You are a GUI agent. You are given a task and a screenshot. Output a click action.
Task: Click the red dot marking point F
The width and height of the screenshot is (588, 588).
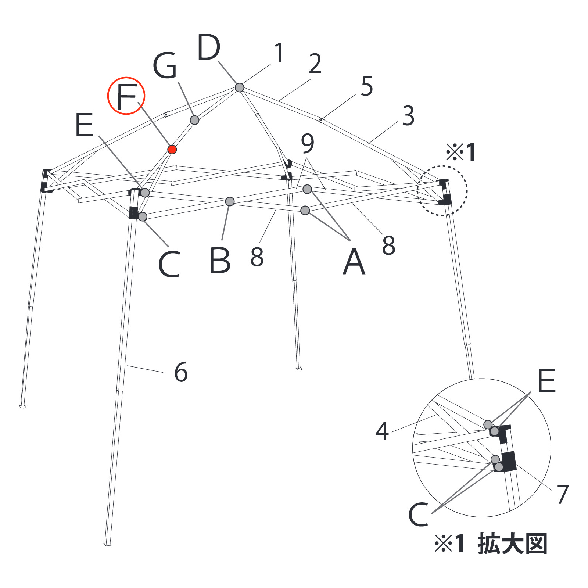pos(172,149)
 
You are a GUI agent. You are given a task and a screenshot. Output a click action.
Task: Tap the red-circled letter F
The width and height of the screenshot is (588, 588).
pos(126,96)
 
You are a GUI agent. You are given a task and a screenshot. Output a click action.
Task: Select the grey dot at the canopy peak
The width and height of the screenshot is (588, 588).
pos(239,87)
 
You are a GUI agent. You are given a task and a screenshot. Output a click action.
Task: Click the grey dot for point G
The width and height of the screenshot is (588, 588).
pos(194,120)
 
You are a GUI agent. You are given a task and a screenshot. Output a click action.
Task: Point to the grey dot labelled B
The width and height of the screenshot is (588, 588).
pos(230,201)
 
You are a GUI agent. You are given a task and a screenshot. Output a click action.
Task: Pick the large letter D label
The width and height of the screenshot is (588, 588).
pos(208,47)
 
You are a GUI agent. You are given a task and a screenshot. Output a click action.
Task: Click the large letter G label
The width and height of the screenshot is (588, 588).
pos(165,65)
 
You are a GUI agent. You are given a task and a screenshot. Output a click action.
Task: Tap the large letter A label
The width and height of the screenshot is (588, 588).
pos(354,261)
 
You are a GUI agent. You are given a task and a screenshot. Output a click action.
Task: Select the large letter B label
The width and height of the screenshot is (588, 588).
pos(220,261)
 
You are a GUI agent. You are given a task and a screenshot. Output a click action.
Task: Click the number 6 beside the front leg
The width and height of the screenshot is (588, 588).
pos(181,372)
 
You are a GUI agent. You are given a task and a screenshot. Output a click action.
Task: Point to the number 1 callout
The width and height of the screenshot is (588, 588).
pos(279,53)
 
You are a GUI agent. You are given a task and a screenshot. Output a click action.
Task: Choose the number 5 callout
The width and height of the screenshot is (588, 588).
pos(367,86)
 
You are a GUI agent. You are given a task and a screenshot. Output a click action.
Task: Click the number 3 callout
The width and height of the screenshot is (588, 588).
pos(408,116)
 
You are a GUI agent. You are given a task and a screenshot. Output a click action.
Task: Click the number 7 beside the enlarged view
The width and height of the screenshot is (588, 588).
pos(563,494)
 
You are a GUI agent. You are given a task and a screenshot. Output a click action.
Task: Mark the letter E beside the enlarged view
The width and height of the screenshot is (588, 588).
pos(546,381)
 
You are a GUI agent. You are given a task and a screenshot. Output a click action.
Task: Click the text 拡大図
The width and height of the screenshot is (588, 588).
pos(513,544)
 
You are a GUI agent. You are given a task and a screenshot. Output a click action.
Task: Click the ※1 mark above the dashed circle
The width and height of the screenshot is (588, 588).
pos(461,152)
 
